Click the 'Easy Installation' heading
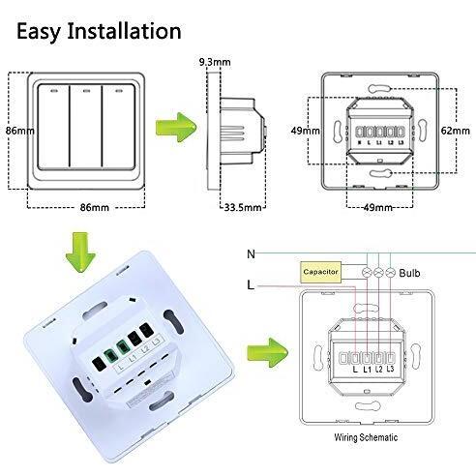coord(99,32)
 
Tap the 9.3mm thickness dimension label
coord(215,62)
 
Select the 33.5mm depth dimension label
coord(243,207)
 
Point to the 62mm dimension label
coord(456,131)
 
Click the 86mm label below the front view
coord(95,207)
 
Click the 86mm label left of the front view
coord(20,131)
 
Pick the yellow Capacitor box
coord(320,272)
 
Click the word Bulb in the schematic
coord(409,273)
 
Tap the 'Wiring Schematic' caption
coord(366,437)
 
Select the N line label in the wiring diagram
coord(251,254)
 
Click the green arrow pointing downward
coord(80,253)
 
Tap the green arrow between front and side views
coord(176,128)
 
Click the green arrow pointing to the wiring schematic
coord(267,352)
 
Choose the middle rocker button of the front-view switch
coord(85,126)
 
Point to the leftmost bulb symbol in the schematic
coord(367,273)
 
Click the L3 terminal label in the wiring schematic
coord(390,369)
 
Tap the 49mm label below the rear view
coord(378,207)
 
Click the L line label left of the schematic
coord(251,285)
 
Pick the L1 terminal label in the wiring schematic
coord(368,369)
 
